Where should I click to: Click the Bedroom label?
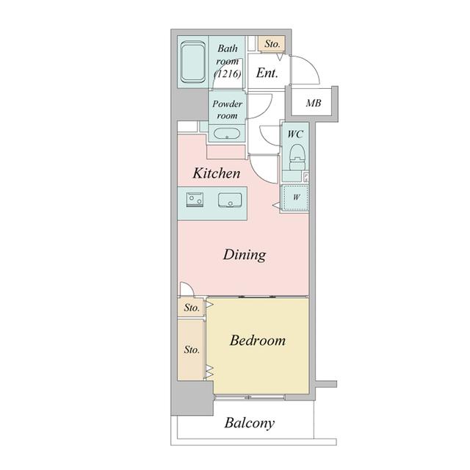257,341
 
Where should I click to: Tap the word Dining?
245,255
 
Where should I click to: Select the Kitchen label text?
216,173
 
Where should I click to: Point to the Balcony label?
250,423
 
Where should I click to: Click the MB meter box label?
314,103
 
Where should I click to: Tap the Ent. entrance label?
267,73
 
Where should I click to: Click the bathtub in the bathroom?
193,62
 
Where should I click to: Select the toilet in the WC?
297,156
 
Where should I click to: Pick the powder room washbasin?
227,134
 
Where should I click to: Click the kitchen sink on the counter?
230,200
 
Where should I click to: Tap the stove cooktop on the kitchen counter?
195,200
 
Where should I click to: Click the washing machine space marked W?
296,198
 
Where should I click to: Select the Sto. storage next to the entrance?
272,44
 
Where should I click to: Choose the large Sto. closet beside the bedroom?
191,350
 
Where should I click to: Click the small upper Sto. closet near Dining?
191,308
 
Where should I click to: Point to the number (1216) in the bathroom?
228,73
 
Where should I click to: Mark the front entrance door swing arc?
311,65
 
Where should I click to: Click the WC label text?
295,134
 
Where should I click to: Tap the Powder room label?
227,109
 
